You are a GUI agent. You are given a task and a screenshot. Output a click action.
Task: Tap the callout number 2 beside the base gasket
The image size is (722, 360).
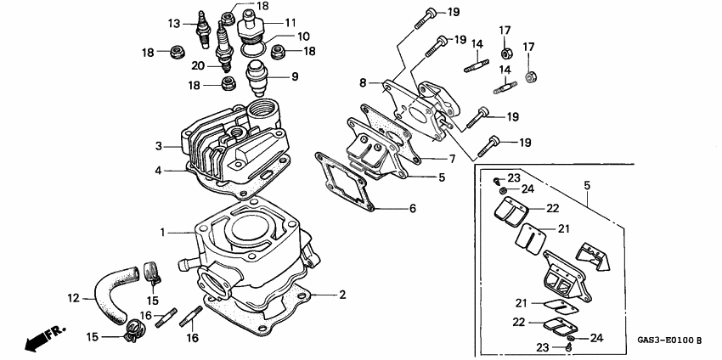[x=342, y=295]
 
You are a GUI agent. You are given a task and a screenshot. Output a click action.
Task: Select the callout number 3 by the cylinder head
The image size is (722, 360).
[x=158, y=147]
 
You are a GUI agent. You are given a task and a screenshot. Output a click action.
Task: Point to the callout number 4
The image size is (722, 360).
[x=158, y=170]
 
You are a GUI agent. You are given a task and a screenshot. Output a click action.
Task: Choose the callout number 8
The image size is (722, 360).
[x=363, y=82]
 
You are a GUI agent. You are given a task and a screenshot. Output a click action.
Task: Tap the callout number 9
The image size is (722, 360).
[x=295, y=76]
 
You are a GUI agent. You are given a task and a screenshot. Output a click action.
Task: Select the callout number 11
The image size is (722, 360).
[x=290, y=22]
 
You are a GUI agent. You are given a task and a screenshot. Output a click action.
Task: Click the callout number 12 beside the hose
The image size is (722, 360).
[x=73, y=298]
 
